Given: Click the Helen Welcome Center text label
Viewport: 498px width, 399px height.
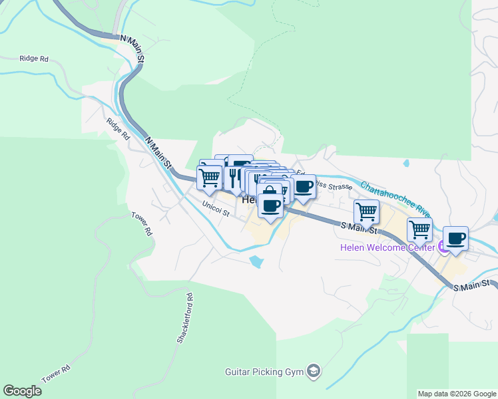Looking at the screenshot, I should [x=387, y=247].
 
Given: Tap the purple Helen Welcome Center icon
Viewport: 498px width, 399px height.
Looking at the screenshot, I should [x=443, y=247].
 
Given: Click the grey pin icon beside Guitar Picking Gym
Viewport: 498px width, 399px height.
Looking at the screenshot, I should [x=314, y=371].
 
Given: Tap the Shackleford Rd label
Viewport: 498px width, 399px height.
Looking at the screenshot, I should [x=184, y=319].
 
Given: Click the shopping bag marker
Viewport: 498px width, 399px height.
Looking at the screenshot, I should [x=270, y=192].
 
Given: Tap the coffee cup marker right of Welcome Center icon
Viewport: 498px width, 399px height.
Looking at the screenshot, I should [x=456, y=238].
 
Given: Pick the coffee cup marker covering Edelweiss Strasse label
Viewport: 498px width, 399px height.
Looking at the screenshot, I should [x=304, y=186].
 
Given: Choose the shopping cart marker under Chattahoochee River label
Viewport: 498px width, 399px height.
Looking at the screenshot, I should [x=366, y=211].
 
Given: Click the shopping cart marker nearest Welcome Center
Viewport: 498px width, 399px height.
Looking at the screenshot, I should [x=419, y=229].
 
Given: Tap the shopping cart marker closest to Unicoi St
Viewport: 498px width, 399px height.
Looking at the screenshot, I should [x=210, y=178].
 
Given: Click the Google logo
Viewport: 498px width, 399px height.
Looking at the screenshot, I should [x=22, y=391].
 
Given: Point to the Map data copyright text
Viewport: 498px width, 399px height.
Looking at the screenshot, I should [x=456, y=394].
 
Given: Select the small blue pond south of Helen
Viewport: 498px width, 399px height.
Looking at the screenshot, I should [x=255, y=261].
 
